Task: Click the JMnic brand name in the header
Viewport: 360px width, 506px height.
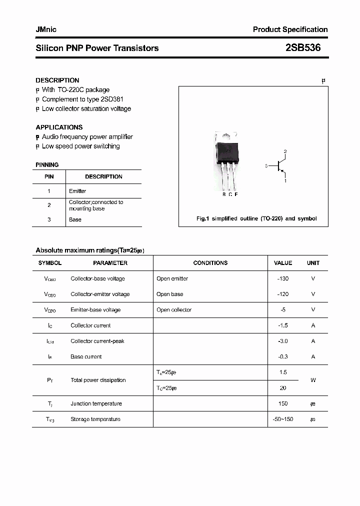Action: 46,29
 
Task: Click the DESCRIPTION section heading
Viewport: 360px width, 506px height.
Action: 57,80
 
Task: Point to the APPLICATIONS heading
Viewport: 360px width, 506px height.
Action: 59,127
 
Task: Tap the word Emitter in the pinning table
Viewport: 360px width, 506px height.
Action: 77,191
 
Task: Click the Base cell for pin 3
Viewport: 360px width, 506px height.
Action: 75,219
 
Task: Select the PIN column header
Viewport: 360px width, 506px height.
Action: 49,176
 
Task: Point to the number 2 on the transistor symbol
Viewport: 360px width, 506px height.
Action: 285,151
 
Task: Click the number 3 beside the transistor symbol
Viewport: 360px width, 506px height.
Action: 266,165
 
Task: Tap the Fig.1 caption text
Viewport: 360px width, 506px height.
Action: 256,218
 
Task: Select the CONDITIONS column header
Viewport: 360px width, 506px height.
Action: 210,263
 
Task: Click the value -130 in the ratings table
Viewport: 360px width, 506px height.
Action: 283,278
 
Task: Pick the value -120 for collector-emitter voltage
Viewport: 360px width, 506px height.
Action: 283,294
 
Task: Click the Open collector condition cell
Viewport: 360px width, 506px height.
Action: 174,309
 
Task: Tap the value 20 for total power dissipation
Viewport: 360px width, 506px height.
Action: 283,388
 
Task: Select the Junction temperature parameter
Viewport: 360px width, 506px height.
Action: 96,403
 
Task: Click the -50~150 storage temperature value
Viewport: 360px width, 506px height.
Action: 283,419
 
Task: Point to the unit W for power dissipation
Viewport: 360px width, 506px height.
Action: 313,380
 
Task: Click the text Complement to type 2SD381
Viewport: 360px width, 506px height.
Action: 82,99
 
